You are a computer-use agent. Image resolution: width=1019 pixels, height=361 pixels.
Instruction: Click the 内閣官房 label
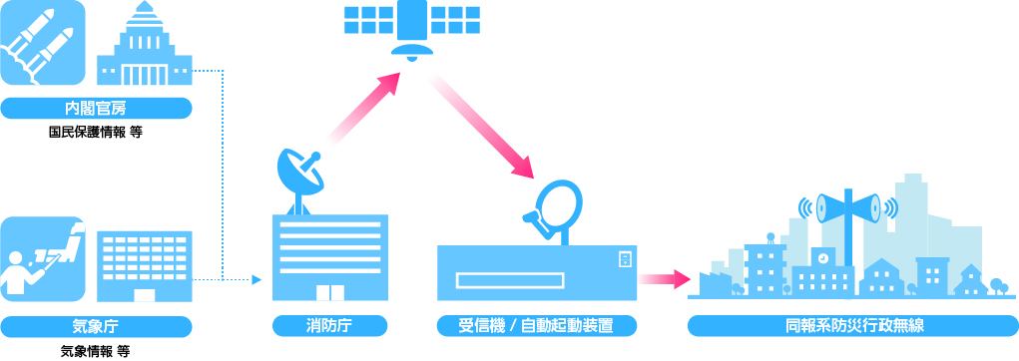pos(96,109)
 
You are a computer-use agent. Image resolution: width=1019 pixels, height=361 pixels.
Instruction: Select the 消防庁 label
pos(329,325)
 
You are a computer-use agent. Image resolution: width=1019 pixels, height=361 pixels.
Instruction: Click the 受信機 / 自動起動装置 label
pos(535,325)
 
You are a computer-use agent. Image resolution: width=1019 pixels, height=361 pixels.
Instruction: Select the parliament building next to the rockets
pos(144,48)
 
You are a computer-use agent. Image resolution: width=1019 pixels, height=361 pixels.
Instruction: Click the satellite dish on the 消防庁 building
pos(299,175)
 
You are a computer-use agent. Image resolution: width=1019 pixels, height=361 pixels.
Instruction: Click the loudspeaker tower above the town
pos(848,209)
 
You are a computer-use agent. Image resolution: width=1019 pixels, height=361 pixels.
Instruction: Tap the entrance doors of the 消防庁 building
pos(329,292)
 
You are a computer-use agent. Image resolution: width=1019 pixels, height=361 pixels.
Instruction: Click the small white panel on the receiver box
pos(625,259)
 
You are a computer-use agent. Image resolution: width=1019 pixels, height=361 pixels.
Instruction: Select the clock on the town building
pos(822,256)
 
